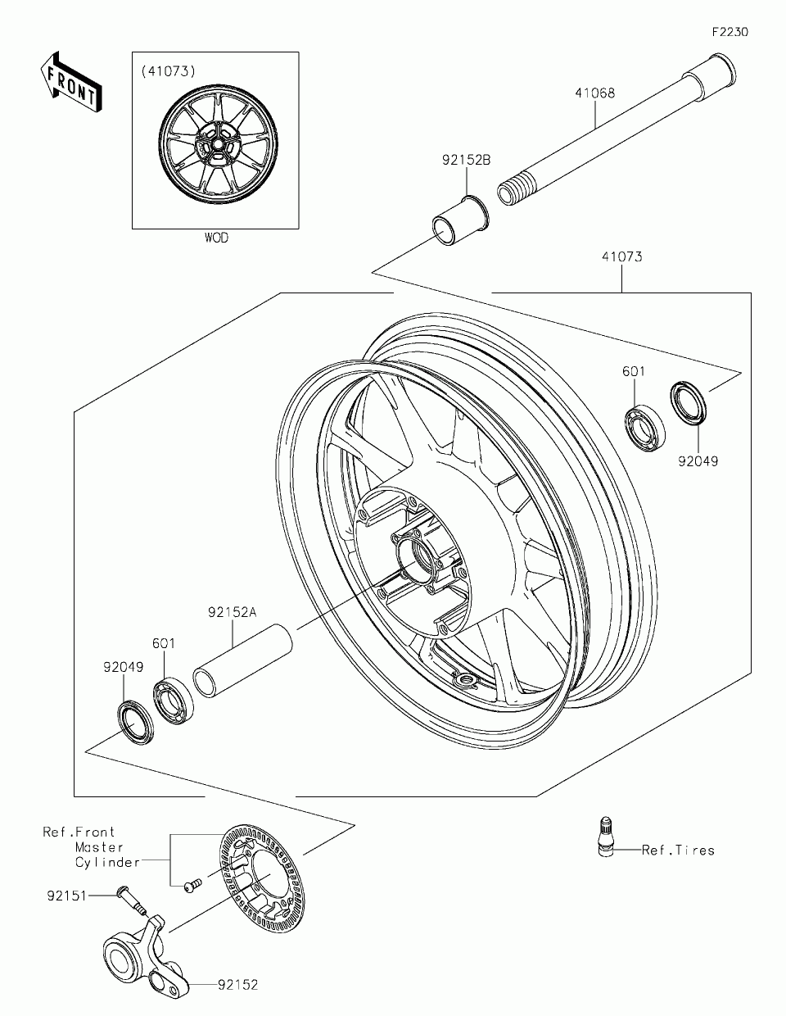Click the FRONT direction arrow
(71, 82)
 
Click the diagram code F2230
(730, 32)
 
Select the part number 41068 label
(595, 93)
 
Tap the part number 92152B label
(467, 161)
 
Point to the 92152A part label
(232, 612)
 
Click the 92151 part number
(67, 896)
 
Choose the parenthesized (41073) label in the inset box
(169, 71)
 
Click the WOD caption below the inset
(217, 238)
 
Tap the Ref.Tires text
(678, 850)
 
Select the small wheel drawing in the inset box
(218, 145)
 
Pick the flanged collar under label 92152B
(460, 220)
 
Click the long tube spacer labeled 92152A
(242, 661)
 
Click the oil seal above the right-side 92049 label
(689, 403)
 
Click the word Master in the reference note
(99, 847)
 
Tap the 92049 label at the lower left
(124, 667)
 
